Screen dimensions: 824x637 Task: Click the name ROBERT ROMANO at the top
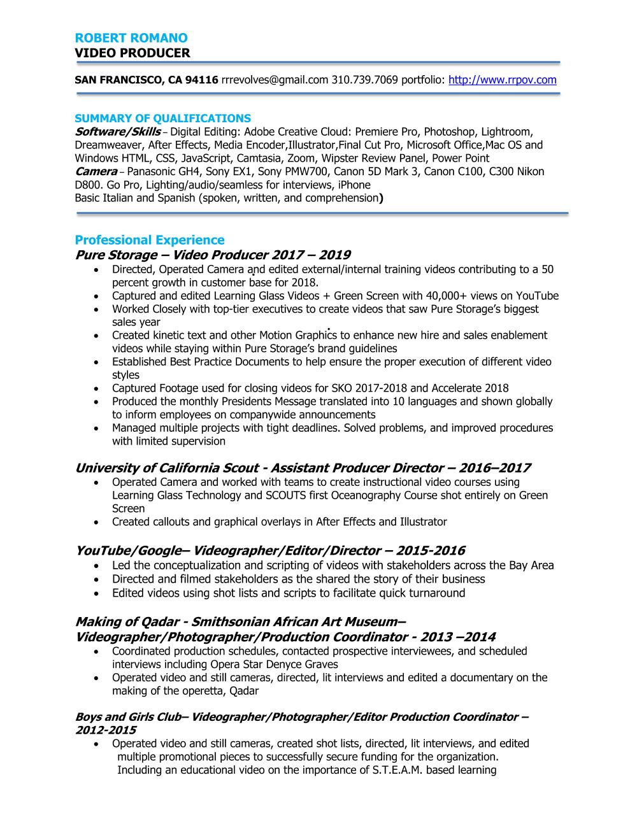(131, 38)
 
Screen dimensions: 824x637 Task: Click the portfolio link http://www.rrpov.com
(503, 80)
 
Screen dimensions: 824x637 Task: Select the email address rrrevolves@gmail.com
(275, 80)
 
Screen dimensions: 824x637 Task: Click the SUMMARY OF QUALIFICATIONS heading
(162, 118)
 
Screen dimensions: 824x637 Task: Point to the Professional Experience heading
(150, 240)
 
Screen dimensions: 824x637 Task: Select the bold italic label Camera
(96, 171)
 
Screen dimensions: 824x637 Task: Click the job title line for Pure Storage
(213, 255)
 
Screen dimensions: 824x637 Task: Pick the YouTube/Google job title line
(269, 550)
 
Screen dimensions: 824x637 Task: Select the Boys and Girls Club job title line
(301, 717)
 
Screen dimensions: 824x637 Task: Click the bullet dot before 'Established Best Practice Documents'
(96, 362)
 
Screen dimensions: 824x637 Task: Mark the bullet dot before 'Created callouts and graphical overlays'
(96, 522)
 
